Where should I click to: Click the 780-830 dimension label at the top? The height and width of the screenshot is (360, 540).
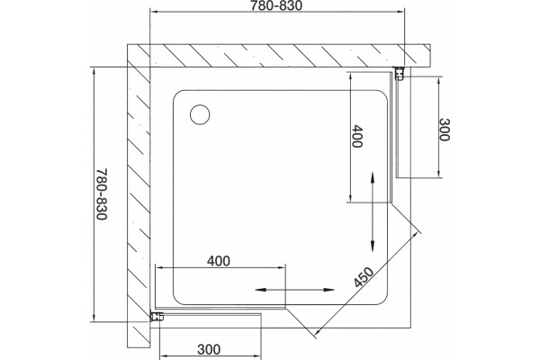click(x=276, y=5)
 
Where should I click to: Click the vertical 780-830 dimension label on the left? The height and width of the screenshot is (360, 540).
click(x=102, y=194)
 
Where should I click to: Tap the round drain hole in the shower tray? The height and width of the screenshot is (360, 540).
click(x=200, y=114)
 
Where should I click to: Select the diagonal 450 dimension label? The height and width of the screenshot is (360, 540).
click(x=364, y=277)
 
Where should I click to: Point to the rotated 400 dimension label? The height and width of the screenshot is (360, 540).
click(x=357, y=137)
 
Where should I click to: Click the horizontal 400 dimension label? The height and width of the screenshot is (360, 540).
click(x=219, y=261)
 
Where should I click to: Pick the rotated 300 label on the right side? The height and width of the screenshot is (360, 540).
click(x=445, y=130)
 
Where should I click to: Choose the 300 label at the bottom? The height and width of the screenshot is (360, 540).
click(x=209, y=349)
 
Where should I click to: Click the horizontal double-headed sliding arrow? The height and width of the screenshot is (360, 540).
click(x=294, y=290)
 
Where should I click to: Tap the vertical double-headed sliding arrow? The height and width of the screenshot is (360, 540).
click(x=373, y=211)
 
